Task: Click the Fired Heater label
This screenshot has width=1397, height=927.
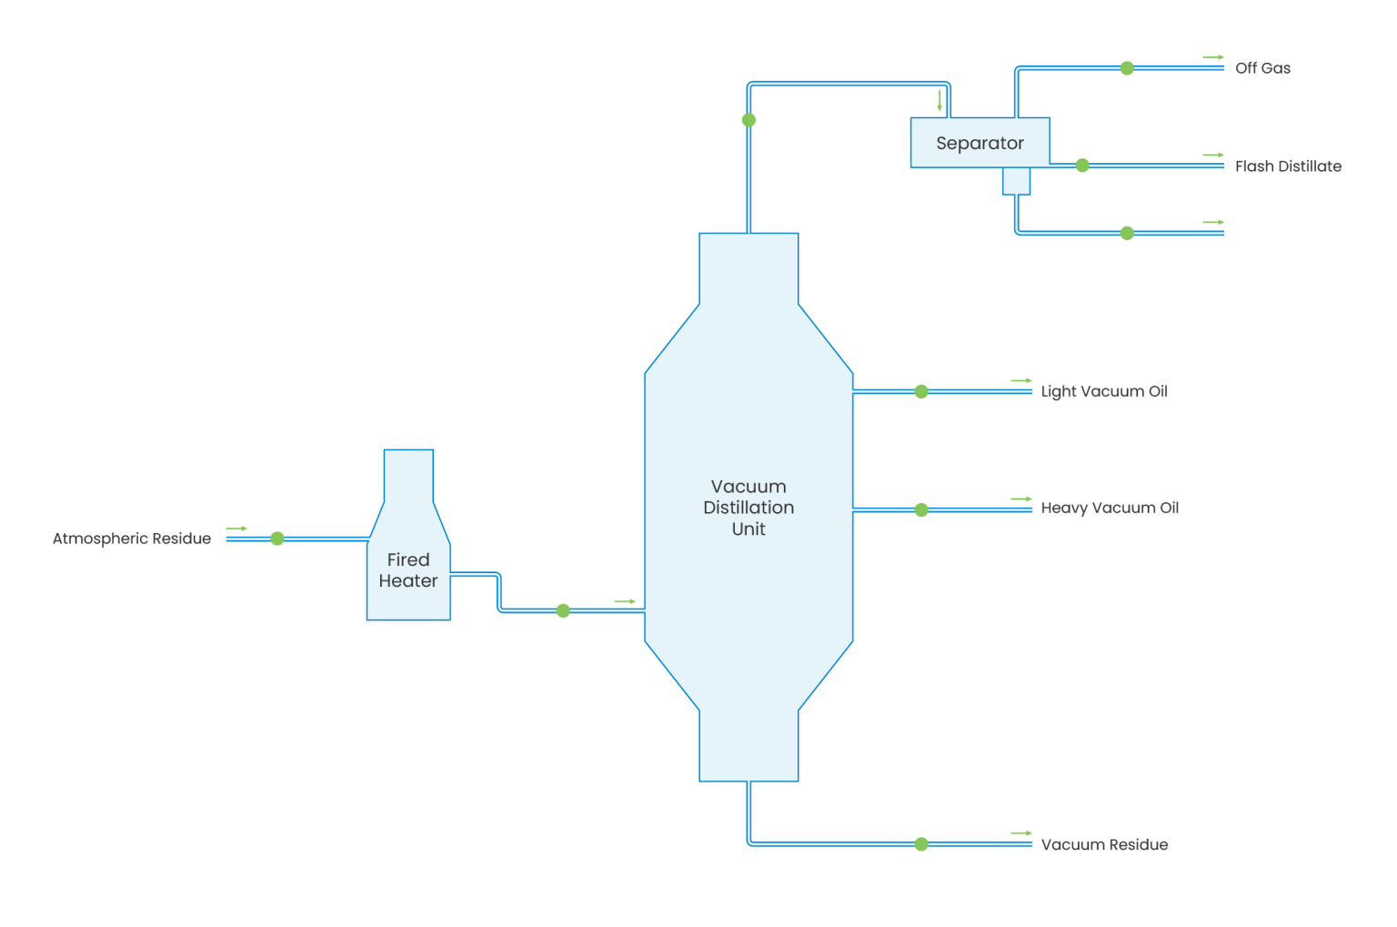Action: [408, 570]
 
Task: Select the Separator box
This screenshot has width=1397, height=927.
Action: [980, 143]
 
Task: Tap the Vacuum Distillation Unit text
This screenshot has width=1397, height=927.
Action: [749, 508]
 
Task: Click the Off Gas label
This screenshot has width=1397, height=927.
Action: [1262, 68]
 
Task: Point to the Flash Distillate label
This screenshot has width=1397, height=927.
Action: [1288, 166]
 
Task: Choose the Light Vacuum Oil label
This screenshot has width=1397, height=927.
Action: [1104, 391]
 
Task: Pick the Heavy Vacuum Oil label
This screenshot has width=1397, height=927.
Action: [1110, 508]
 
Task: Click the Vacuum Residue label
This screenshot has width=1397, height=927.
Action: [1104, 844]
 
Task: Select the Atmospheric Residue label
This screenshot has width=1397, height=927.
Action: [132, 539]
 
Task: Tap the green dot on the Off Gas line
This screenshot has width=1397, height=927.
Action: [1127, 68]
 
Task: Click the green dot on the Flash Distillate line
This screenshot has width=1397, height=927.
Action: [1082, 166]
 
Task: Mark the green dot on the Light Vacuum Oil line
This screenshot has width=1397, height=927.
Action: [921, 391]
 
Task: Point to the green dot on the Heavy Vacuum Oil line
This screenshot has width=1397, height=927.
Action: [921, 510]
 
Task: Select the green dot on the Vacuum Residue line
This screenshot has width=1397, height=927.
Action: [921, 844]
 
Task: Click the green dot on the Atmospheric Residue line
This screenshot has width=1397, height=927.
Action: [277, 539]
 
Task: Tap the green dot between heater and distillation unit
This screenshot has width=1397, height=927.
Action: [563, 610]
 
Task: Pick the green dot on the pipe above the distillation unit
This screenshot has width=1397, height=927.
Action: [749, 120]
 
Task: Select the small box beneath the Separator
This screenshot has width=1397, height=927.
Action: [1016, 181]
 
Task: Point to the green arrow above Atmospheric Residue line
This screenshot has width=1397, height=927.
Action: [236, 529]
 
